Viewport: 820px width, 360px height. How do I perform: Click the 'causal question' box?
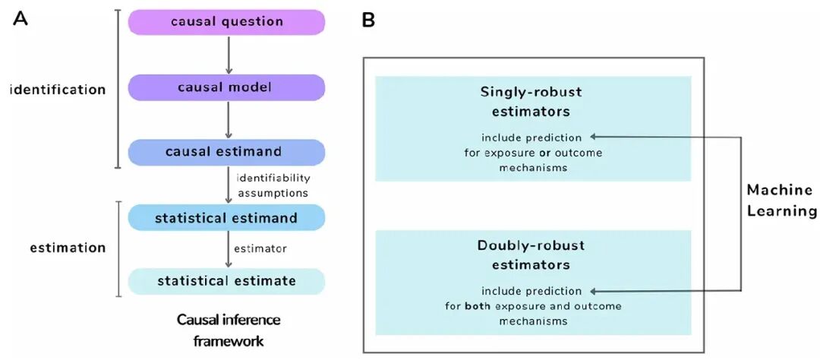226,22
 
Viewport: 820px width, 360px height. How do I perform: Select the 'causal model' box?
226,87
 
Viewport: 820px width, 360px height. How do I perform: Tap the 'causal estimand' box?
226,152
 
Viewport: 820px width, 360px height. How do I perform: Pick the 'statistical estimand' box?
226,217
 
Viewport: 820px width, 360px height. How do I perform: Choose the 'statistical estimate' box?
226,282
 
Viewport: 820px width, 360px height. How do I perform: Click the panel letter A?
20,19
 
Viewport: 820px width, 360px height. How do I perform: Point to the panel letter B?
368,21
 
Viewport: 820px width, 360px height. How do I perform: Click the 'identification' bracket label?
58,90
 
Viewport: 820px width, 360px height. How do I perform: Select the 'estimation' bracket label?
68,248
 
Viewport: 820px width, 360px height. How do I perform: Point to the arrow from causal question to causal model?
228,55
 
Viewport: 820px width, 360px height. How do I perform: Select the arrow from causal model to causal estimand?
228,120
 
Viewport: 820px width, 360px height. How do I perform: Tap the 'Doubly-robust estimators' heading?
531,255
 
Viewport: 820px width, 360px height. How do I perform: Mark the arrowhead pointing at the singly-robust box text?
594,137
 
